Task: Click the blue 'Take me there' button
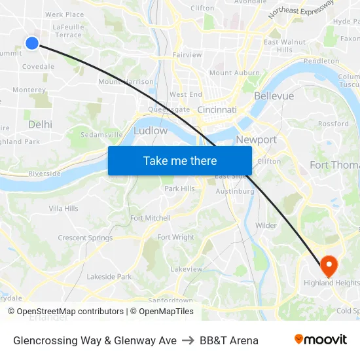point(180,160)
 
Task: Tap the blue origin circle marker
point(32,43)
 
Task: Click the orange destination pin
point(328,265)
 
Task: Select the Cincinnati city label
point(217,110)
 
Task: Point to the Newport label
point(256,139)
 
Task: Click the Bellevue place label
point(274,96)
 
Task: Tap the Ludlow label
point(150,131)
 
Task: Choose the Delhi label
point(40,124)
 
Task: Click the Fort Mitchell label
point(151,218)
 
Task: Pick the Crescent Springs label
point(85,238)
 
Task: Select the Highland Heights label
point(331,283)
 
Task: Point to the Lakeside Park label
point(109,276)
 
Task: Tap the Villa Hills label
point(63,208)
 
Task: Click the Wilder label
point(266,225)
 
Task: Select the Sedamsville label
point(101,134)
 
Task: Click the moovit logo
point(320,340)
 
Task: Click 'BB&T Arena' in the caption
point(229,340)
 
